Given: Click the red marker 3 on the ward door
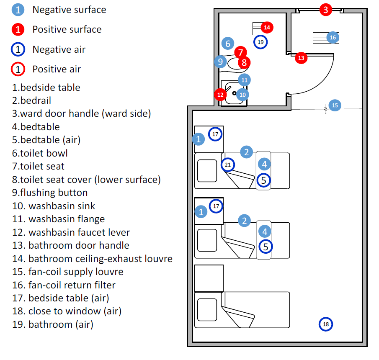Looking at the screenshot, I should [x=326, y=9].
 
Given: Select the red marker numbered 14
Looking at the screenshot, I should [x=267, y=28].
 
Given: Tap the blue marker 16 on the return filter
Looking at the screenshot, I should [x=333, y=37].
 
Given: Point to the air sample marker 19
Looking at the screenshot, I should [x=260, y=42].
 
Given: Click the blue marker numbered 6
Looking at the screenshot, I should [x=228, y=43].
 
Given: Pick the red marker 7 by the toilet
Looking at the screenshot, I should [x=240, y=53].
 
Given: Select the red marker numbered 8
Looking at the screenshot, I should [x=244, y=63].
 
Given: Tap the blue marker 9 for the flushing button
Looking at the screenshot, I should [x=220, y=62].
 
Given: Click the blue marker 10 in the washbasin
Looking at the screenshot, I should [x=242, y=95].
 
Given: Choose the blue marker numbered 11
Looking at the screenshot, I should [x=244, y=80].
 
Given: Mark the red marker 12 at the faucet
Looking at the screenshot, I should [x=220, y=95].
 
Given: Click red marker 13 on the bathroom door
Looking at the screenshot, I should [x=301, y=58].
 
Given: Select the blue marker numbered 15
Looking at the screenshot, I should [x=335, y=105].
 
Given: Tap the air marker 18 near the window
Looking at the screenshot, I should [x=326, y=324].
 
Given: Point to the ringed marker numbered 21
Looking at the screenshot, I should [x=228, y=165].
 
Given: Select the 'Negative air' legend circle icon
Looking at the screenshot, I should [x=18, y=49].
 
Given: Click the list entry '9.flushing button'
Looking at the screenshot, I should [x=50, y=193].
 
